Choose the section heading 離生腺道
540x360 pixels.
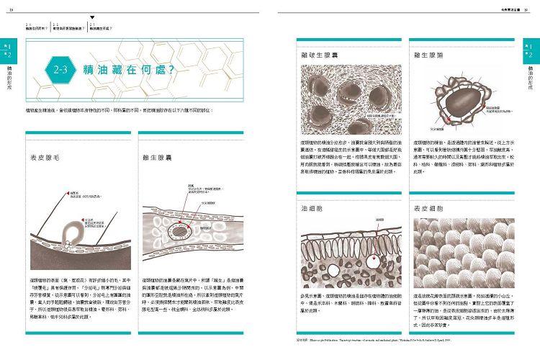[430, 55]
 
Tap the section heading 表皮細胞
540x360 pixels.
[430, 208]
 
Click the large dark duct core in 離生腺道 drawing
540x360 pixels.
[457, 95]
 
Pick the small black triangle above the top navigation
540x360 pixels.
[92, 16]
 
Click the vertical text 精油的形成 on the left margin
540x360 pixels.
[8, 81]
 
